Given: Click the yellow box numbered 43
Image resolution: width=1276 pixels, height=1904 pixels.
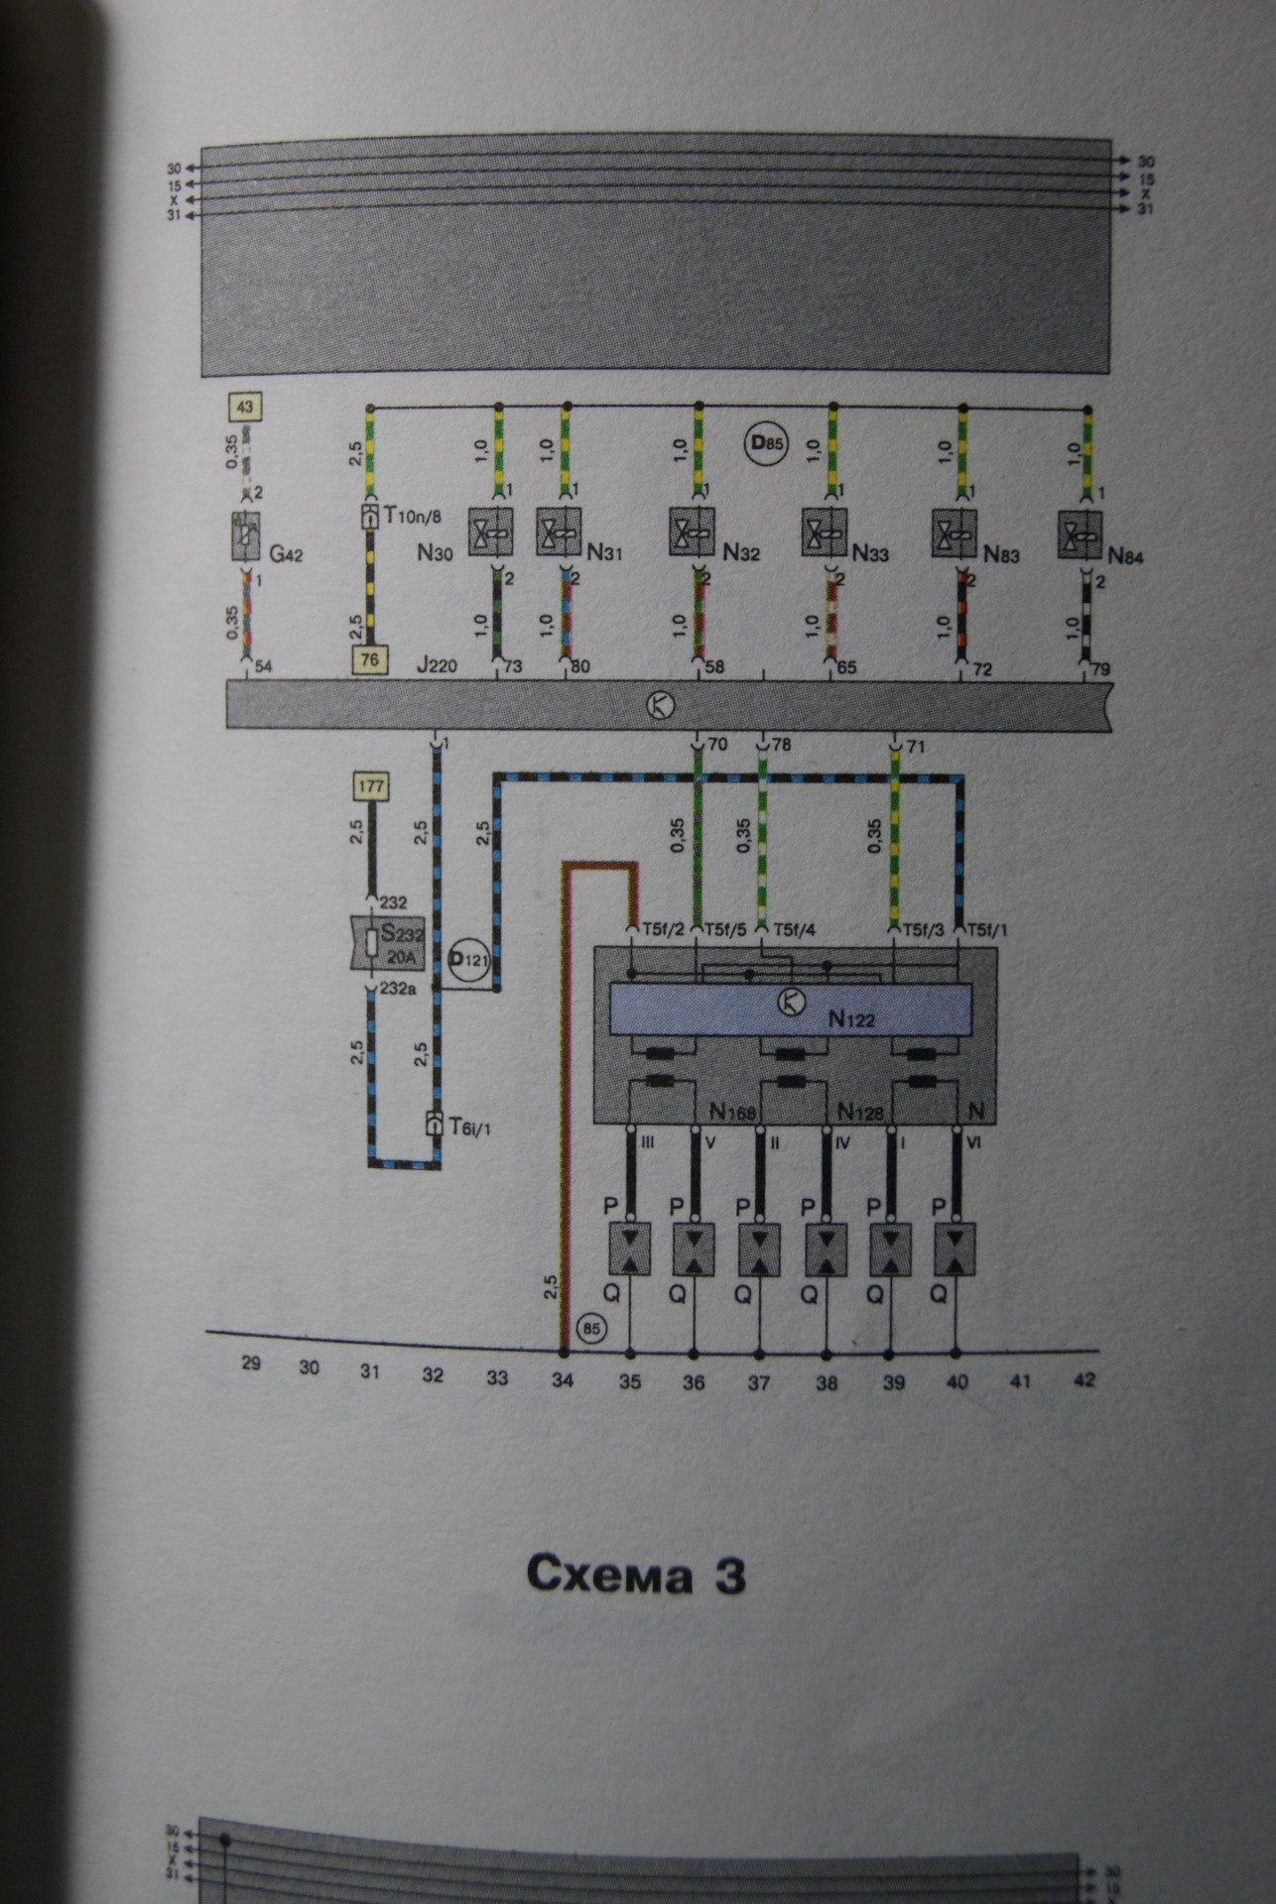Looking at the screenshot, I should (246, 407).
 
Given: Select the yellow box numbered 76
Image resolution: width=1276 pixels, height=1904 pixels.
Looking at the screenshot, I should (370, 659).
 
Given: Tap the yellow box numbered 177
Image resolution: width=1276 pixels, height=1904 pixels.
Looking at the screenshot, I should (370, 787).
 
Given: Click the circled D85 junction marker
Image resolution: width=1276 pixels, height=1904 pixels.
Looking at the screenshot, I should (765, 443).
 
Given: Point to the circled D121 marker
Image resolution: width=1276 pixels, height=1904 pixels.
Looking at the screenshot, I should (469, 960).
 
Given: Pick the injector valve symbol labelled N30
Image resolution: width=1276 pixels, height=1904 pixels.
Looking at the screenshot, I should (490, 534).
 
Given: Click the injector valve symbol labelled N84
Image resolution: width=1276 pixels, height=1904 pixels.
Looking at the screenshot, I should (1080, 535).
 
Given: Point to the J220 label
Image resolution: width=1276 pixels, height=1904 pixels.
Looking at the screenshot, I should (437, 665).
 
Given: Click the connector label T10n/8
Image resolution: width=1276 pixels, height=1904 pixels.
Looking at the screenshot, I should (412, 516).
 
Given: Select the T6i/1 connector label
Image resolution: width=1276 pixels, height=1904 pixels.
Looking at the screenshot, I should (469, 1127).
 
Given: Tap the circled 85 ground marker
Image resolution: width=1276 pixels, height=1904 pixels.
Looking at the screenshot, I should (591, 1329).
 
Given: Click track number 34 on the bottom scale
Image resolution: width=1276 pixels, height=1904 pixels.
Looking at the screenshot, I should (563, 1378).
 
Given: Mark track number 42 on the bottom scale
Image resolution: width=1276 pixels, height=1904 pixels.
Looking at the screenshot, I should (1085, 1379).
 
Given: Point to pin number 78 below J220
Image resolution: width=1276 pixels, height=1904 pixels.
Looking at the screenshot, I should (781, 744).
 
